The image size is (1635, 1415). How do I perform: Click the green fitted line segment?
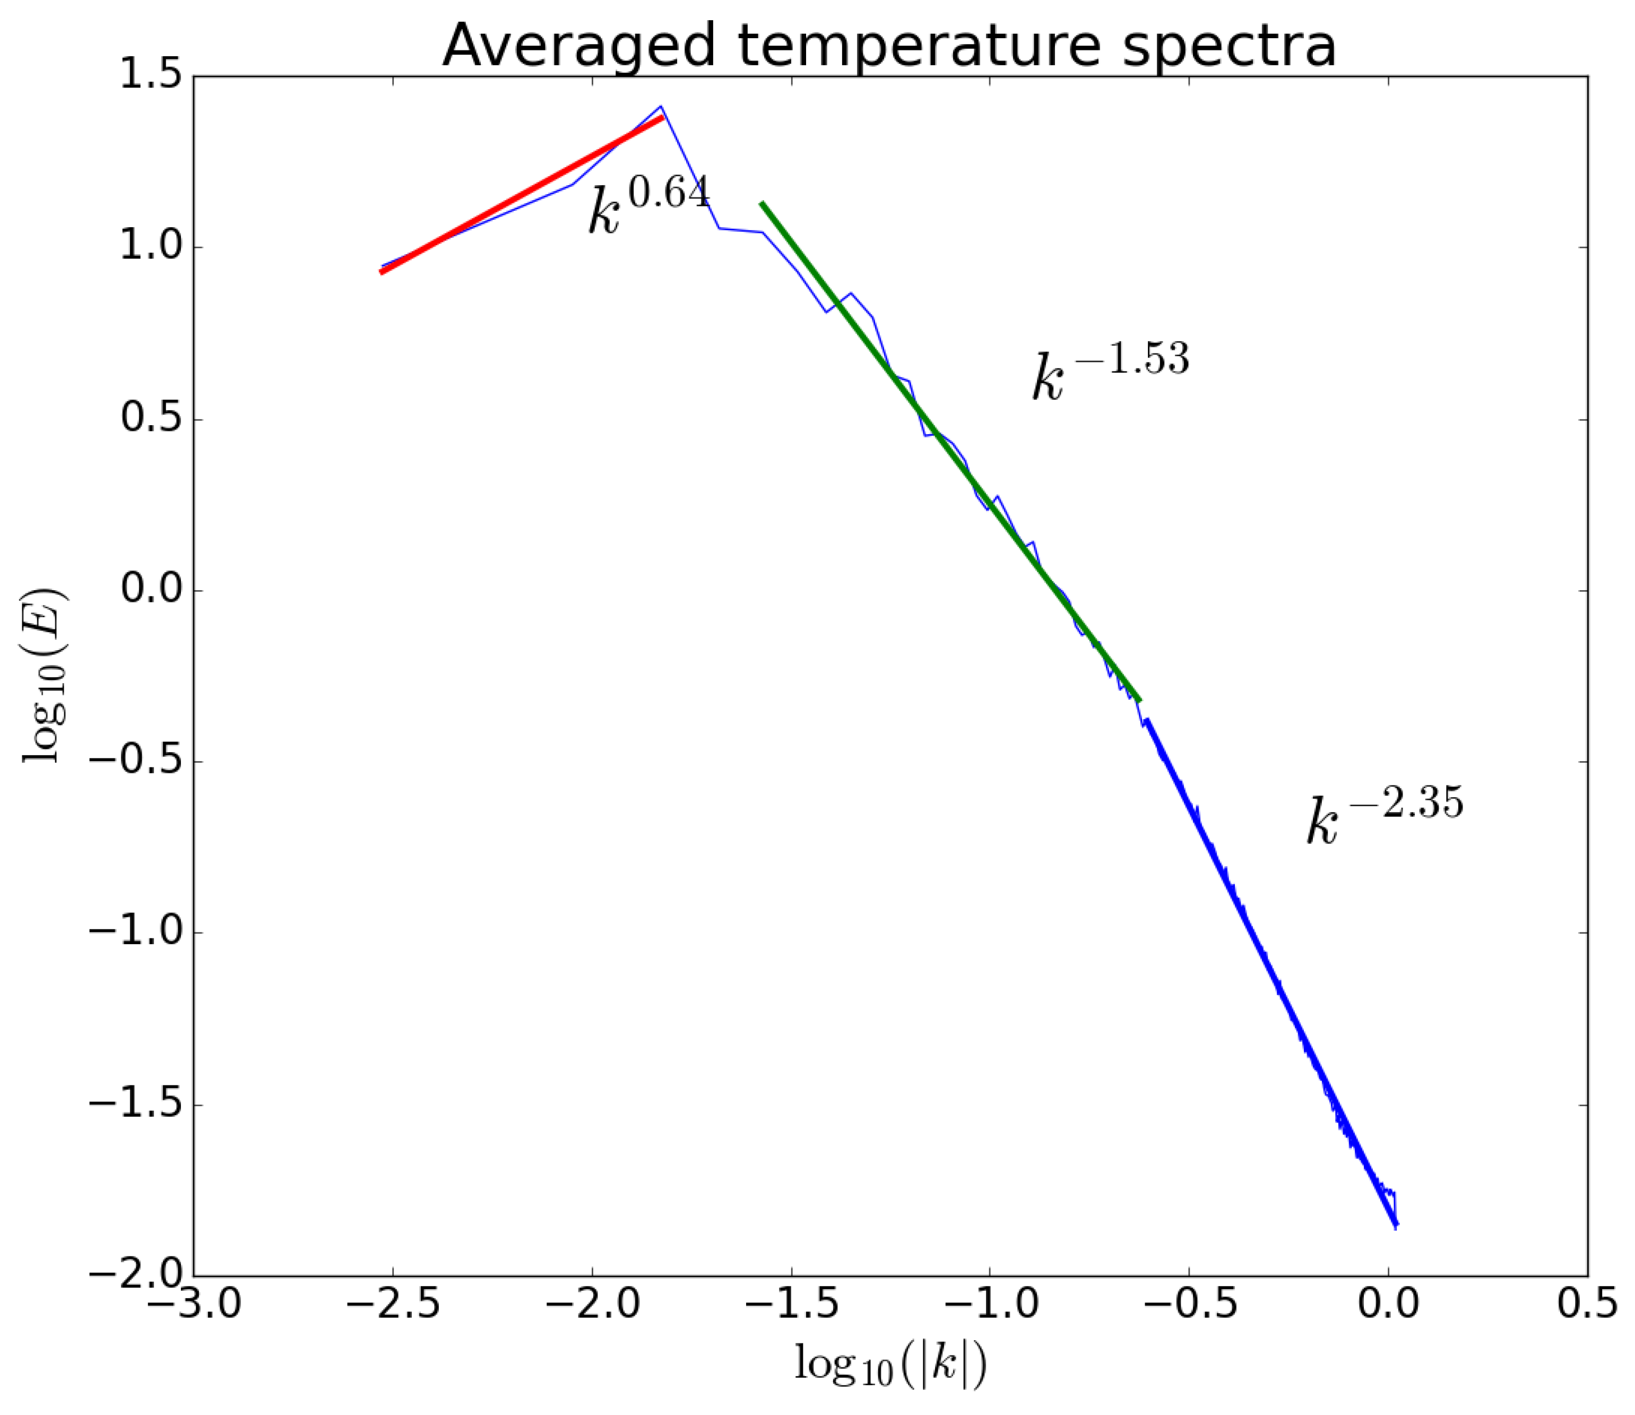point(947,450)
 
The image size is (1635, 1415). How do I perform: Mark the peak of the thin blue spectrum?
point(661,106)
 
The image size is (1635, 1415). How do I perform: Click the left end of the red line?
point(382,272)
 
